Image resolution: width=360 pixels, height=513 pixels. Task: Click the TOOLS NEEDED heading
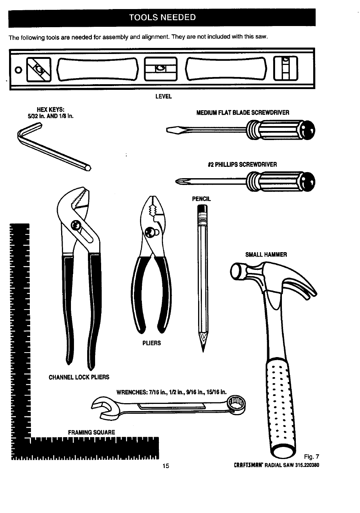162,17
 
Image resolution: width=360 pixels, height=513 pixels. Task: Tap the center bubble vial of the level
161,68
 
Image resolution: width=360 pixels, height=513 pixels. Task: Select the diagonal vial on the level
40,69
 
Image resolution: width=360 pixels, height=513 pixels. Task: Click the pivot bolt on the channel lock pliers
76,226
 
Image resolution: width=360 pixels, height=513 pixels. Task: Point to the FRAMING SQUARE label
91,432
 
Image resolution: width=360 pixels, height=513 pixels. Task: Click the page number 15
166,465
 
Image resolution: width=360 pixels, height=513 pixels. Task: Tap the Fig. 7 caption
311,456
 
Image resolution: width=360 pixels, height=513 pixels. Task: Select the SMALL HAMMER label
266,254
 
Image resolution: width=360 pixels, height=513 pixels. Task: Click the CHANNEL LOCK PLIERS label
79,377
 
